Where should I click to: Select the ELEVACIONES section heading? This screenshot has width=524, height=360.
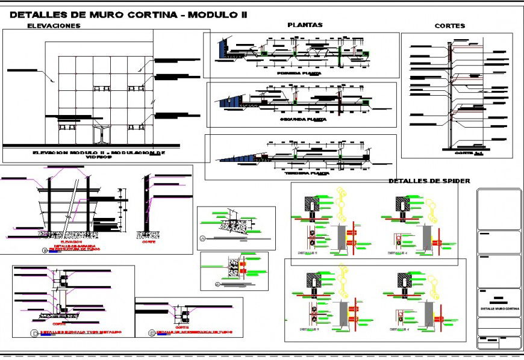click(54, 26)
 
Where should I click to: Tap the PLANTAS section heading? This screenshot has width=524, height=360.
click(305, 25)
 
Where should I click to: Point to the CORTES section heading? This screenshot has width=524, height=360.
click(449, 26)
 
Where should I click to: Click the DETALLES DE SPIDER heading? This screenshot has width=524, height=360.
click(429, 181)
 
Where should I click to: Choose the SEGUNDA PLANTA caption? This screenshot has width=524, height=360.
click(303, 119)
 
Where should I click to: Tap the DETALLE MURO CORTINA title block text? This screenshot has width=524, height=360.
click(499, 309)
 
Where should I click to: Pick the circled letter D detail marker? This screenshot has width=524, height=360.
click(35, 332)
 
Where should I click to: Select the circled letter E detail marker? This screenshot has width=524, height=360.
click(151, 332)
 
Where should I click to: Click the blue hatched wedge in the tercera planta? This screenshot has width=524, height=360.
click(238, 158)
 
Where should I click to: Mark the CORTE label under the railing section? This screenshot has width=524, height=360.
click(148, 241)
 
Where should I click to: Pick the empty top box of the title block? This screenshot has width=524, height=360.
click(499, 208)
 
